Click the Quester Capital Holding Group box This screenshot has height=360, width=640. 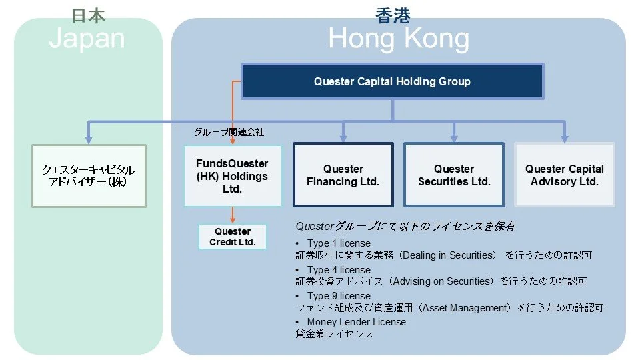[392, 82]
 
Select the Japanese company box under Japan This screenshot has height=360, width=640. [89, 175]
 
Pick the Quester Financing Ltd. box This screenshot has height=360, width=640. [343, 175]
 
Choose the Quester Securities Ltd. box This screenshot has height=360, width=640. [454, 175]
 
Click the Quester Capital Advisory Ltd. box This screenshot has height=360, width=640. [564, 175]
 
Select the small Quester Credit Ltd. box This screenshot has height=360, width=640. [233, 237]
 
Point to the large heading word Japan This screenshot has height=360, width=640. [87, 38]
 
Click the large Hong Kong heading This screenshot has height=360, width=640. [398, 39]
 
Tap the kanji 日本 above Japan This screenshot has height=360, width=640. [87, 15]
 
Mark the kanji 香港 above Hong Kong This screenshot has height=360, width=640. [393, 15]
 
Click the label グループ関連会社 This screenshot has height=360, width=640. [229, 132]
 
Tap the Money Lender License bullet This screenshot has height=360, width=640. [356, 322]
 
